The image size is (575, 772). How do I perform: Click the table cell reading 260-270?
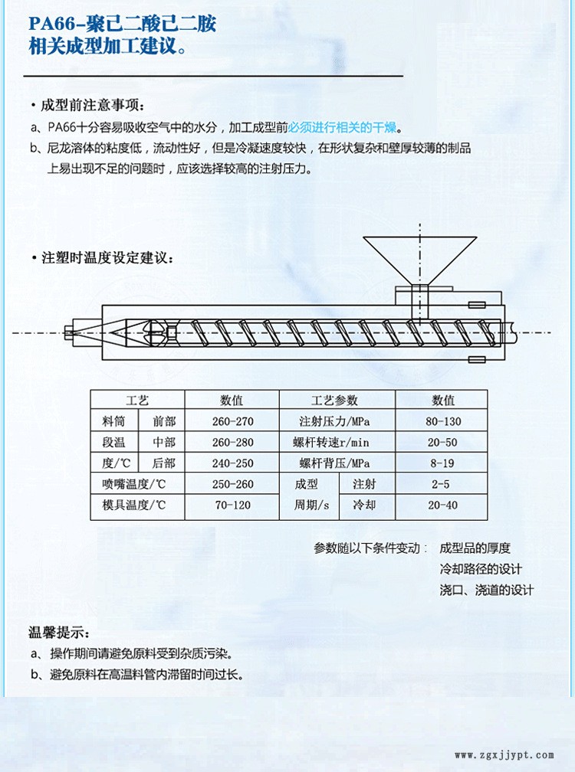[x=232, y=421]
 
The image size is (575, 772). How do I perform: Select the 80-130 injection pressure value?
[x=443, y=421]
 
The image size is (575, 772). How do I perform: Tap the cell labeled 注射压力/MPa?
[x=334, y=421]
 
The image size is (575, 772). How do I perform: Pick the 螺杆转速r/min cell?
[x=330, y=442]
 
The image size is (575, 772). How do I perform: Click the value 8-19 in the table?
[x=442, y=463]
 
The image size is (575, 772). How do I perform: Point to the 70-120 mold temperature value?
[x=232, y=505]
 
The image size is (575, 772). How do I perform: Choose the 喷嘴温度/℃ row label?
[x=134, y=484]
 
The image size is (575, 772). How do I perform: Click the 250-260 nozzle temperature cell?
[x=232, y=484]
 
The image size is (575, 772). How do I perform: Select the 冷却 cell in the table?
[x=365, y=505]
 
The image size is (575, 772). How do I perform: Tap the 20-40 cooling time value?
[x=442, y=505]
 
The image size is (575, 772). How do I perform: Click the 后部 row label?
[x=164, y=463]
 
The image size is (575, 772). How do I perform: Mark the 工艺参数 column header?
[x=334, y=401]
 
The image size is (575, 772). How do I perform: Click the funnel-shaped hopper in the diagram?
[x=420, y=260]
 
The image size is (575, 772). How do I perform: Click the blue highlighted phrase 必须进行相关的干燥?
[x=343, y=127]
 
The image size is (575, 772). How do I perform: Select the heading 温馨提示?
[x=58, y=632]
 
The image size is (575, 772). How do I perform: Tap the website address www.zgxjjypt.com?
[x=504, y=755]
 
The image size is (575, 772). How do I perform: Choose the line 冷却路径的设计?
[x=481, y=569]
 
